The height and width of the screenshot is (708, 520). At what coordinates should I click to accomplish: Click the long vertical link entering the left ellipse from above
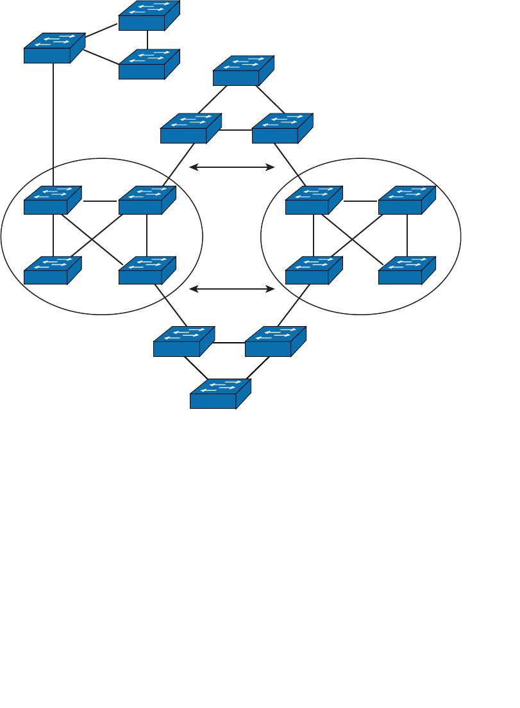(53, 122)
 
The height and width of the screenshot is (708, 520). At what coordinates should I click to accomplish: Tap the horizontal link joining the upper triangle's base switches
(236, 130)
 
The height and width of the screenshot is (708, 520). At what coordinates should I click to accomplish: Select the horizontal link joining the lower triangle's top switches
(229, 343)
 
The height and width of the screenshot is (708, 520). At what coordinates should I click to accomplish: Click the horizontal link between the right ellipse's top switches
(360, 201)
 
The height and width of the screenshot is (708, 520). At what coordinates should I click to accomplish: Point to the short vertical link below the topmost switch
(147, 40)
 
